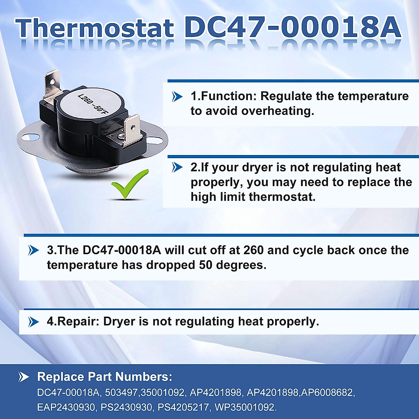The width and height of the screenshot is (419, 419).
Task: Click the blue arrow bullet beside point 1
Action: (x=177, y=96)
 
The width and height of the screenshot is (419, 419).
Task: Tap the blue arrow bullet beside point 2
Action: (x=177, y=168)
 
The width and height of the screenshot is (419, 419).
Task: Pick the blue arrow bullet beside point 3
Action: (x=34, y=250)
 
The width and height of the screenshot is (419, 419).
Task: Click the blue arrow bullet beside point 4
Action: (x=34, y=322)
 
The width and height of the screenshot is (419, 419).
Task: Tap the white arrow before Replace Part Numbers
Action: (x=24, y=377)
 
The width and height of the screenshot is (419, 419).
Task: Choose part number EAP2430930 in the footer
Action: (x=66, y=407)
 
